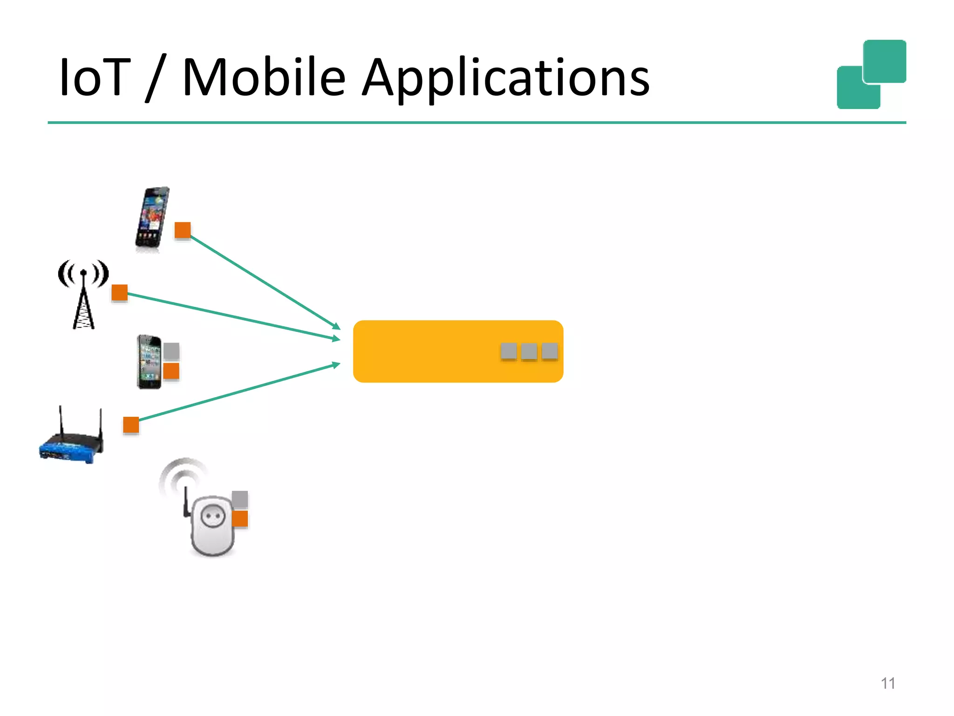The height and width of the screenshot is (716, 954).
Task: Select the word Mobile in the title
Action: pyautogui.click(x=264, y=77)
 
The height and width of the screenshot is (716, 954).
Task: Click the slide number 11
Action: pyautogui.click(x=888, y=683)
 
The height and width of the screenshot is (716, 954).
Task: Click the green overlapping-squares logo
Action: pyautogui.click(x=871, y=75)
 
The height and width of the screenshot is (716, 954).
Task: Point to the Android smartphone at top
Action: pyautogui.click(x=152, y=219)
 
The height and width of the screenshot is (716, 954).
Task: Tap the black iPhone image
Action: pyautogui.click(x=149, y=362)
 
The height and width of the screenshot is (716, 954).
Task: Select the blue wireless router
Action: pyautogui.click(x=71, y=441)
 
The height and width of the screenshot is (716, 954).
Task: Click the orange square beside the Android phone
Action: pyautogui.click(x=183, y=230)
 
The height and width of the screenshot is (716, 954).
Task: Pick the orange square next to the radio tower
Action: pyautogui.click(x=120, y=293)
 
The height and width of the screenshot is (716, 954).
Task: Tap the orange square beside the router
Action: pyautogui.click(x=131, y=425)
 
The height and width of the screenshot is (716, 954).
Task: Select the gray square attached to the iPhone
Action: pyautogui.click(x=171, y=351)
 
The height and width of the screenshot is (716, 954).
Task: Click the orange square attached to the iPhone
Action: pyautogui.click(x=171, y=372)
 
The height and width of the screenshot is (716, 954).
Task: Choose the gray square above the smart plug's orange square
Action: pyautogui.click(x=240, y=499)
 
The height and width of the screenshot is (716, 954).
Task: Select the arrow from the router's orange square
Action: pyautogui.click(x=238, y=393)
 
